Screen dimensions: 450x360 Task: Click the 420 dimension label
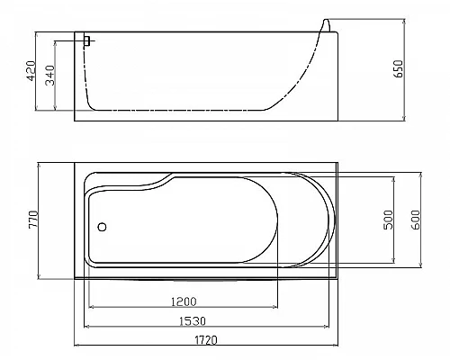pyautogui.click(x=31, y=71)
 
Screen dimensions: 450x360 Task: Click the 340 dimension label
pyautogui.click(x=50, y=76)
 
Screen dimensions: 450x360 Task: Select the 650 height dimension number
pyautogui.click(x=399, y=68)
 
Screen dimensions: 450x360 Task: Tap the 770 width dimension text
pyautogui.click(x=33, y=220)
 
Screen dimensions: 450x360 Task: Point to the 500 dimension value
pyautogui.click(x=388, y=220)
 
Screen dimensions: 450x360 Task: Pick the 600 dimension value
pyautogui.click(x=416, y=220)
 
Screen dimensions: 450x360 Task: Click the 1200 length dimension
pyautogui.click(x=184, y=301)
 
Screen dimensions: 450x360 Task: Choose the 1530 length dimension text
pyautogui.click(x=193, y=321)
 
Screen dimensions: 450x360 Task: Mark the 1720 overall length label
pyautogui.click(x=206, y=340)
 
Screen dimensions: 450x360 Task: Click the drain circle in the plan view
pyautogui.click(x=102, y=227)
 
